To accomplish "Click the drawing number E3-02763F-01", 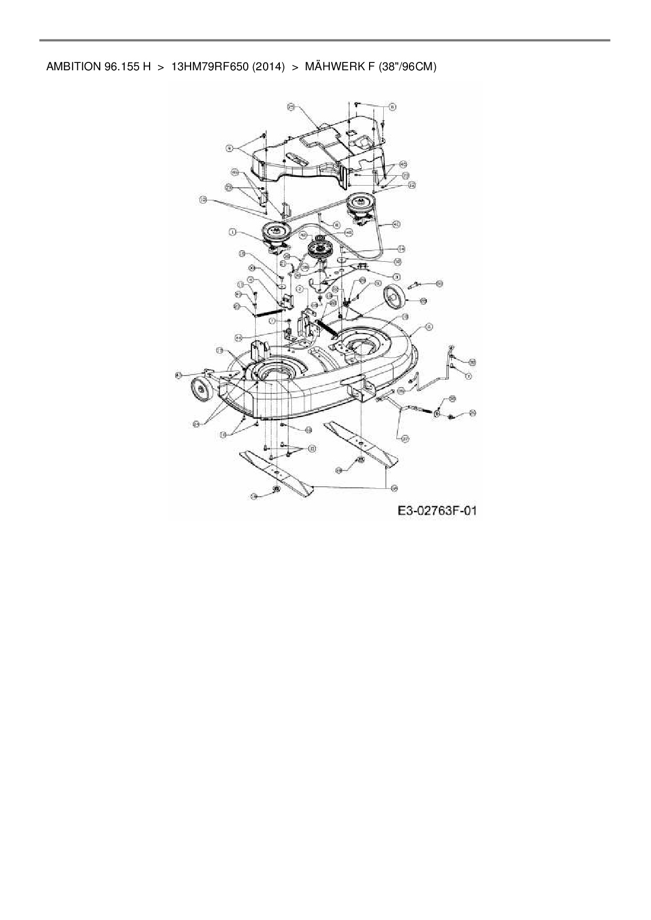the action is point(437,510).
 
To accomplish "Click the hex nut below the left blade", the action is point(275,490).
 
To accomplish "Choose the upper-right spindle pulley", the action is point(360,202).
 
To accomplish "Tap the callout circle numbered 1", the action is point(232,231).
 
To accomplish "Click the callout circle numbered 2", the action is point(299,289).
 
